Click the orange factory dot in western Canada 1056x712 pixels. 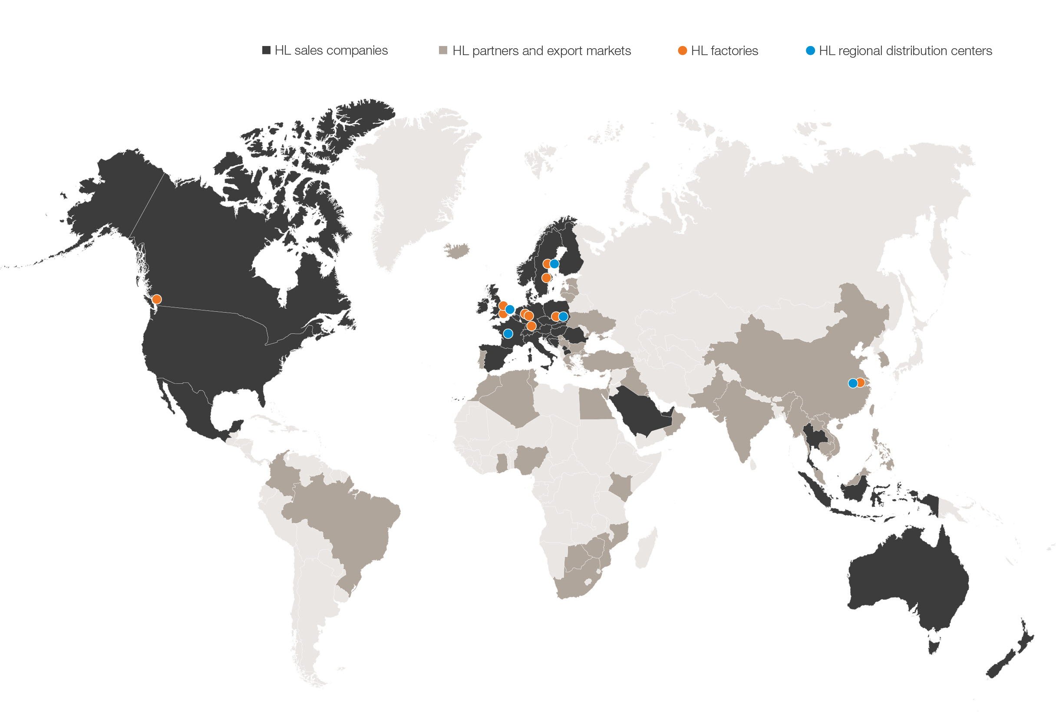pos(156,299)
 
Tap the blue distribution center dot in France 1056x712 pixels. pos(508,334)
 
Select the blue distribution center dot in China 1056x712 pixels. pos(852,383)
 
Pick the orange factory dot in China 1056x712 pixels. pos(860,383)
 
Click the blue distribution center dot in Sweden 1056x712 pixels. pos(554,264)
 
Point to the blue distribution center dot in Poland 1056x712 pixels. pos(563,316)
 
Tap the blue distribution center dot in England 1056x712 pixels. pos(510,310)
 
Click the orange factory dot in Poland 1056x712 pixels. pos(555,316)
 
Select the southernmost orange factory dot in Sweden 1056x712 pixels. pos(546,277)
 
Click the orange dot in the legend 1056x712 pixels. pos(682,50)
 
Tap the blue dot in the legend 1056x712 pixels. pos(810,50)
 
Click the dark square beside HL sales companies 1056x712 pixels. pos(267,50)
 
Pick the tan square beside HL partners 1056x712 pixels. pos(443,50)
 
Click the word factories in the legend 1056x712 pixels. pos(734,51)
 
